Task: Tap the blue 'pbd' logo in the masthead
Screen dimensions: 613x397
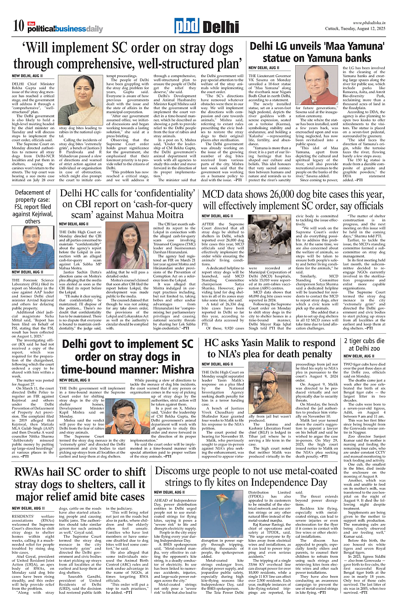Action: [173, 26]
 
